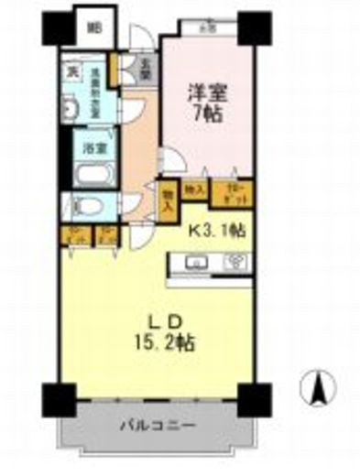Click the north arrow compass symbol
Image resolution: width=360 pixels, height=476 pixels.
tap(321, 389)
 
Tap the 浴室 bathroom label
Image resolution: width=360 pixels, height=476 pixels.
tap(94, 146)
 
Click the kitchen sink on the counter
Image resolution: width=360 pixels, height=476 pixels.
tap(195, 262)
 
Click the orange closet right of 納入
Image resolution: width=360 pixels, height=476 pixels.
tap(226, 192)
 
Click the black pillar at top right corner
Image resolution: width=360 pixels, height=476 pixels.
tap(254, 28)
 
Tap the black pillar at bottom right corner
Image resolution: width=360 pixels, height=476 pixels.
tap(253, 399)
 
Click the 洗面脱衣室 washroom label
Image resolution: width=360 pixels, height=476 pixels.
tap(93, 92)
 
